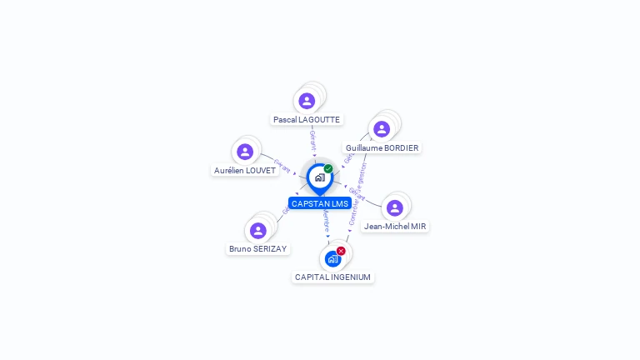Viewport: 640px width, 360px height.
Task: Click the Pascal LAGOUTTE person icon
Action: point(307,101)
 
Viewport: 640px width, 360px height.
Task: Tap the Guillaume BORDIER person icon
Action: point(382,129)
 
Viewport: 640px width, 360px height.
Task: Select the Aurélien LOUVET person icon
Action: point(244,152)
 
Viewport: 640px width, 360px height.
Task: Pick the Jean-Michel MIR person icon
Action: point(395,207)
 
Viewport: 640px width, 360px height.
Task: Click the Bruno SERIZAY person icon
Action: point(258,231)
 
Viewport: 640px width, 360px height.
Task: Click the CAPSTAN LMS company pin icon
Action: point(319,177)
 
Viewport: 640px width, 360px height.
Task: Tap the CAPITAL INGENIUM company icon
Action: point(332,258)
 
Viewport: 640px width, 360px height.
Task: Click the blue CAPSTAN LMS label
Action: point(320,203)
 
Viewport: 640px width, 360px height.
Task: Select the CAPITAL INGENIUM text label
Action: point(333,277)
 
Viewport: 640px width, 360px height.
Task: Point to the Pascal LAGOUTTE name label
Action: point(307,119)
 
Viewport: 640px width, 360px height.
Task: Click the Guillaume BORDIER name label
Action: point(382,147)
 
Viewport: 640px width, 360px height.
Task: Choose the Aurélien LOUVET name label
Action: point(245,170)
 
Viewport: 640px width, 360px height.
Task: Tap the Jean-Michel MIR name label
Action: point(395,226)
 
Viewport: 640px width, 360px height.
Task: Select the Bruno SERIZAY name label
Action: point(258,248)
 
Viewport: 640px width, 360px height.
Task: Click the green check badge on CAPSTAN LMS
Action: point(328,168)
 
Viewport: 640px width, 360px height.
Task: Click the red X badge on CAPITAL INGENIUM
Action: point(341,250)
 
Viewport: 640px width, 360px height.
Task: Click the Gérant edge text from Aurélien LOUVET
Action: point(282,166)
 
